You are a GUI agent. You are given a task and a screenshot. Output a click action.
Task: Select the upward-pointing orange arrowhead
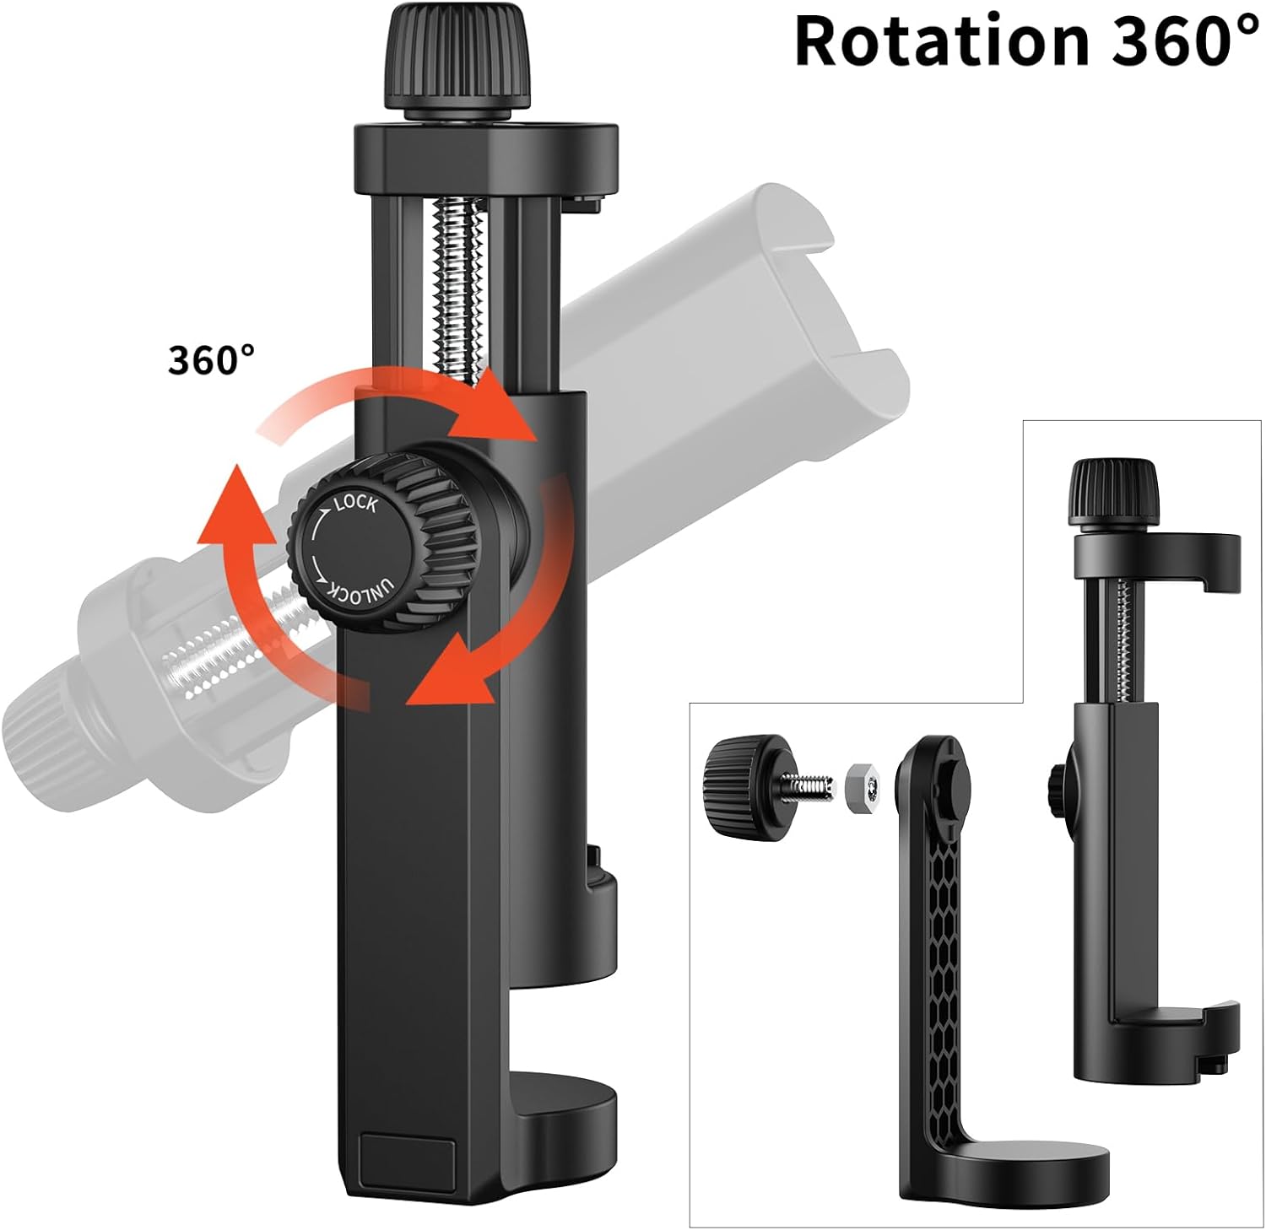235,506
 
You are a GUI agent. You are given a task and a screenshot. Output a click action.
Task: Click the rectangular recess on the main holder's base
408,1160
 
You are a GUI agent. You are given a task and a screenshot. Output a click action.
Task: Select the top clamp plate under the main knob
485,147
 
